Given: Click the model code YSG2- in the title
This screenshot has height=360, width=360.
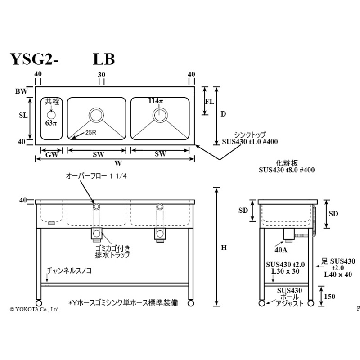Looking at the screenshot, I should [34, 59].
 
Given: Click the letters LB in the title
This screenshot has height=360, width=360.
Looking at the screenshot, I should [103, 59].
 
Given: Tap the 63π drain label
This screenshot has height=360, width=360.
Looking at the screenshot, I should [51, 123].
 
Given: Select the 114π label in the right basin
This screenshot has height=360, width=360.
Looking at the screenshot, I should [156, 101].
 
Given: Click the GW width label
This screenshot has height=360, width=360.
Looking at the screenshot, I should [51, 154].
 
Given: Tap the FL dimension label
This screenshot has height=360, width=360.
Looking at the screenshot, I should [209, 101].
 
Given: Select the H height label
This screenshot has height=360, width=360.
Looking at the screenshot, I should [224, 247].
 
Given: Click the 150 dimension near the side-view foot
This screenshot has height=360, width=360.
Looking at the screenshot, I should [330, 297].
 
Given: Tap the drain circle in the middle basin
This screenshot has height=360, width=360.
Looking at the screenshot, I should [96, 114].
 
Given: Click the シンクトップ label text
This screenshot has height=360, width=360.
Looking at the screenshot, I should [250, 135].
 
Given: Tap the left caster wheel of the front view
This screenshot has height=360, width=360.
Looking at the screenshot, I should [38, 302].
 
